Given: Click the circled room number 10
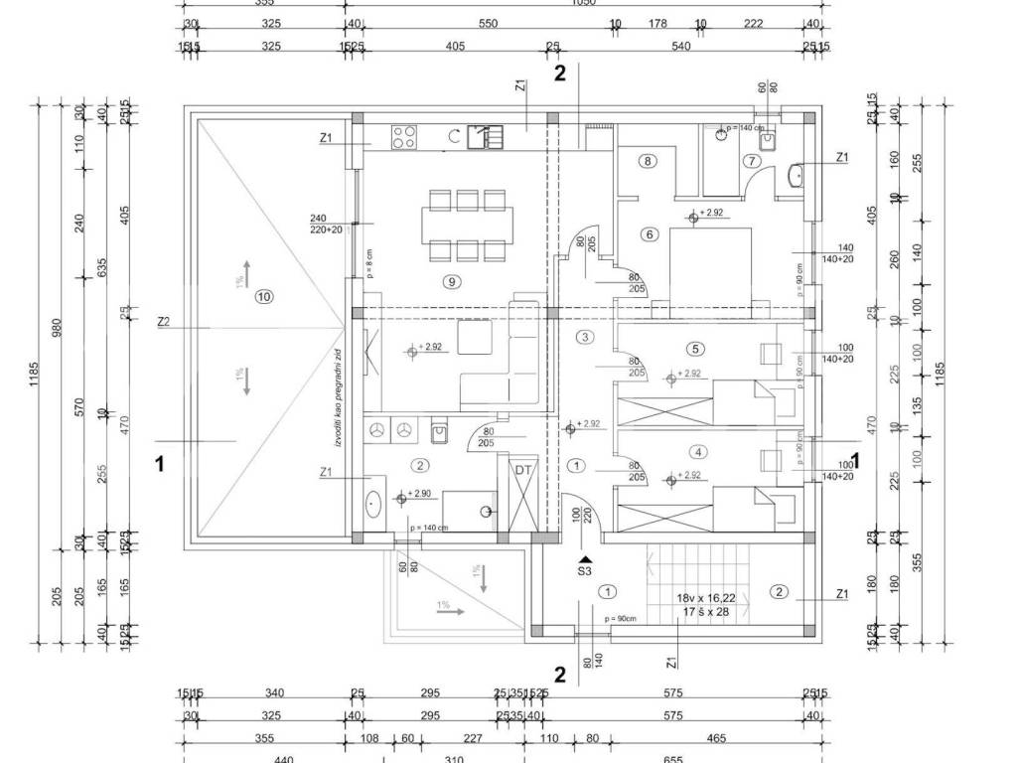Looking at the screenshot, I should click(263, 295).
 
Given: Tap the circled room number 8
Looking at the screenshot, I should click(648, 161).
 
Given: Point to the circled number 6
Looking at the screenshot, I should click(650, 234).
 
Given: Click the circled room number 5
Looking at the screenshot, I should click(695, 348).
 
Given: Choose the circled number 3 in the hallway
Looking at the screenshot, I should click(586, 338).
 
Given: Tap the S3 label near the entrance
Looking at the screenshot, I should click(585, 571).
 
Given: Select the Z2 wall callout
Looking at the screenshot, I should click(164, 322).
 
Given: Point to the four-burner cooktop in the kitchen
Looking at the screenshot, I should click(404, 136).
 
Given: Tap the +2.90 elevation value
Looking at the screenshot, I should click(421, 494).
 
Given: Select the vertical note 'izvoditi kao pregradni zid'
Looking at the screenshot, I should click(340, 397).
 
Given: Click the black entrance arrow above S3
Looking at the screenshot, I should click(586, 558).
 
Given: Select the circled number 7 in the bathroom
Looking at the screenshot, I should click(752, 160).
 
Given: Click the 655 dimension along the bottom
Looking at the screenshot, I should click(672, 758).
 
